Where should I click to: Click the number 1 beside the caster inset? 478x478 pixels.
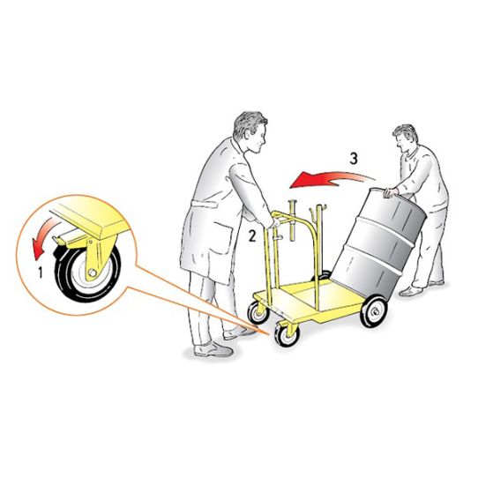coord(41,273)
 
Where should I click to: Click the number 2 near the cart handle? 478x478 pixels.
coord(252,235)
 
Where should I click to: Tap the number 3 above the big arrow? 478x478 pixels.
coord(354,159)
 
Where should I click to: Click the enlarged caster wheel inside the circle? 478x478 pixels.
coord(87,272)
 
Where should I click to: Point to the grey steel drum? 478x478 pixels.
coord(379,245)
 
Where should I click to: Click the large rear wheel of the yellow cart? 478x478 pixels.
coord(373,312)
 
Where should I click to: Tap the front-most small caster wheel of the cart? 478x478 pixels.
coord(287,335)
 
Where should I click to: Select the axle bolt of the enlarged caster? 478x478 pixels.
coord(91,273)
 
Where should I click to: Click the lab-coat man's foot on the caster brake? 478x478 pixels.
coord(241,332)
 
